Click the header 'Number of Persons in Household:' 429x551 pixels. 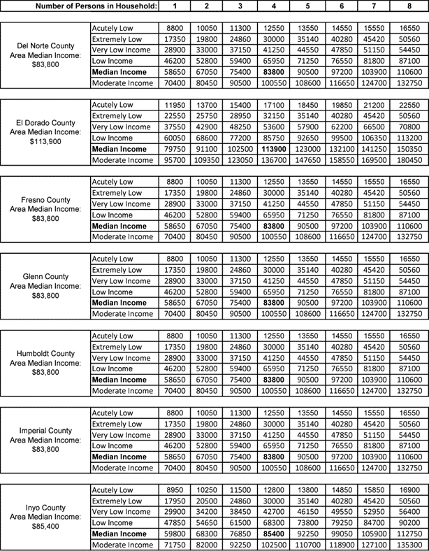click(x=97, y=6)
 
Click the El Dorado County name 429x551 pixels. click(x=45, y=122)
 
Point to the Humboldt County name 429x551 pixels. click(x=45, y=353)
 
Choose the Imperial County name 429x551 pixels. click(x=45, y=429)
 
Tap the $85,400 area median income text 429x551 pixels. click(x=45, y=524)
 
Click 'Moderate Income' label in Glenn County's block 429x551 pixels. click(x=120, y=313)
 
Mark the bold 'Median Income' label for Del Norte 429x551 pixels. click(x=119, y=72)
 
